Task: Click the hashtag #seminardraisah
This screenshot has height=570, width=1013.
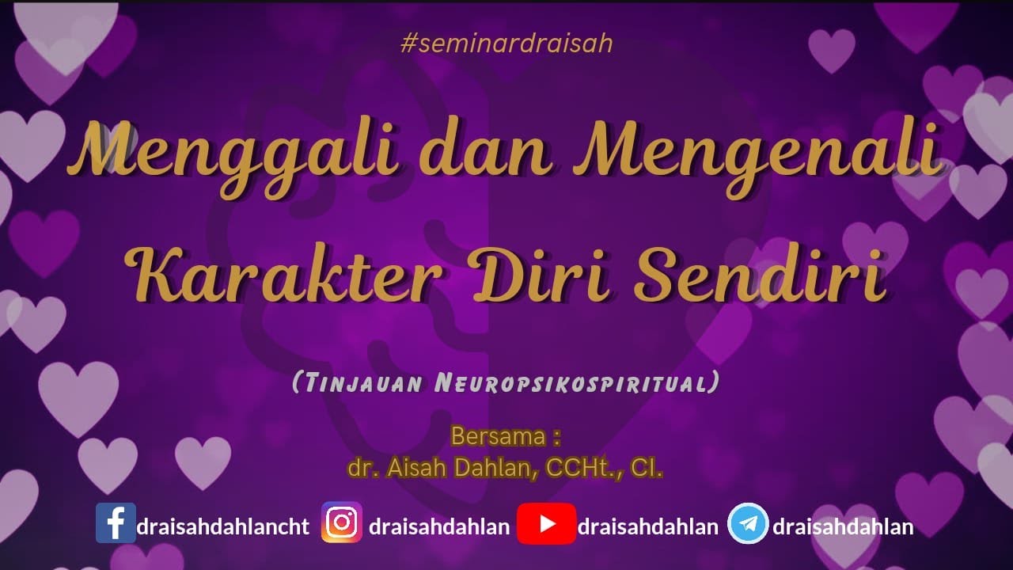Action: (506, 44)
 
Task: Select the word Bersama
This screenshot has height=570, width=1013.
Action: (498, 436)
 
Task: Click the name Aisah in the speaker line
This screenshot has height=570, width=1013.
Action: (419, 468)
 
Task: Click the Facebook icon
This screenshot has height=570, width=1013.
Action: (116, 523)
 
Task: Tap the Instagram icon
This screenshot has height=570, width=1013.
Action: (342, 523)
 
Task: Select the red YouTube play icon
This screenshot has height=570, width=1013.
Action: (546, 523)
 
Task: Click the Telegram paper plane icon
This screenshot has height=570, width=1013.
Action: (748, 523)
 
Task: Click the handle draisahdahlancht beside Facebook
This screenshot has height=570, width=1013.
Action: (222, 527)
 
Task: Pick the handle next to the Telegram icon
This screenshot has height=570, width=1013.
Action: (843, 527)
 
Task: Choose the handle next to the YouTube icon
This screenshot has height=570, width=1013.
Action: (648, 527)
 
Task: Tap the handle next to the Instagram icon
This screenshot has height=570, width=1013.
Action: (439, 527)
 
